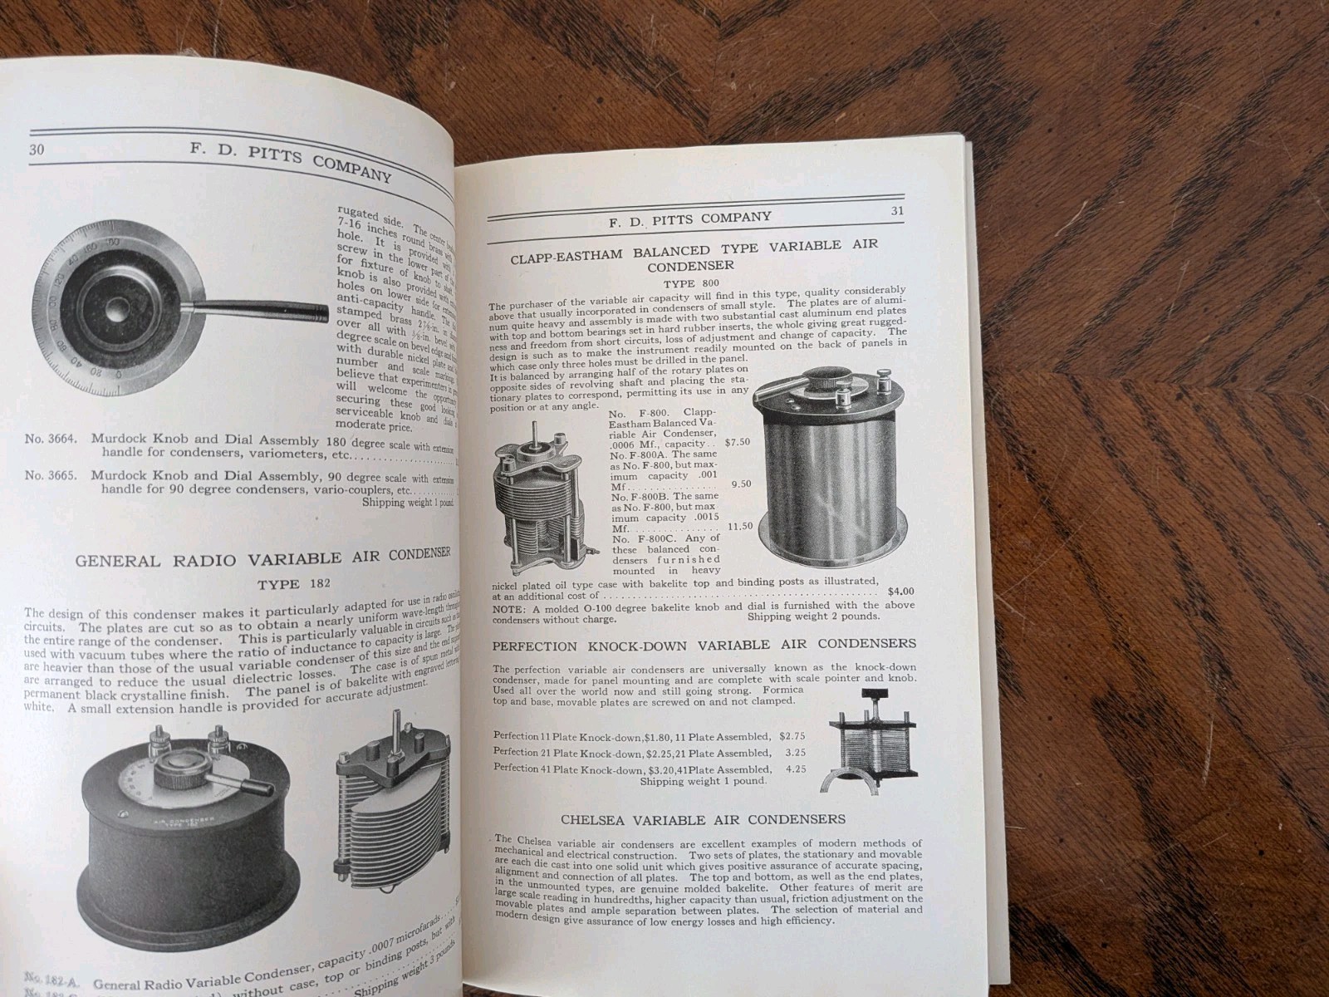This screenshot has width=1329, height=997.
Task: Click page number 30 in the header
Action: point(36,150)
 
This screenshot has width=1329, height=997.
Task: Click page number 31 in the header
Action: point(897,210)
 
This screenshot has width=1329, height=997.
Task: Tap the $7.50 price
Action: point(737,442)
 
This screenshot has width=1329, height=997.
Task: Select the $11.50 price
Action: point(738,526)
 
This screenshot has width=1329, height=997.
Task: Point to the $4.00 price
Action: point(900,592)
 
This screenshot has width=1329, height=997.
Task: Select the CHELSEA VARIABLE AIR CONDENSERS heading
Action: point(704,819)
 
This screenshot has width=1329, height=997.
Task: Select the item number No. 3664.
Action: point(51,438)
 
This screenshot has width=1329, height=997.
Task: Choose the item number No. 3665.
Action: point(51,475)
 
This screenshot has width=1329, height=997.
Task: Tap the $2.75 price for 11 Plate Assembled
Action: point(792,736)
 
